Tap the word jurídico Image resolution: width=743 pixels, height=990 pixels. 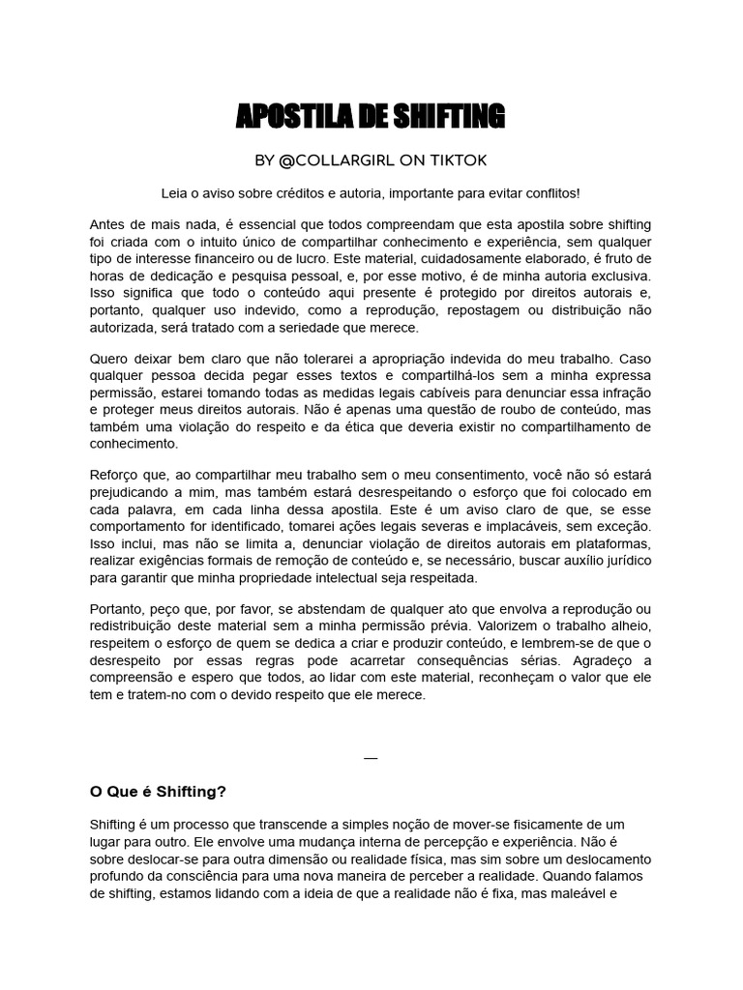[x=621, y=561]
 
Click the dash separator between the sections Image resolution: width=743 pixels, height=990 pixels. [x=371, y=758]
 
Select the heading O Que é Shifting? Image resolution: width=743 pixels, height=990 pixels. [x=158, y=792]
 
